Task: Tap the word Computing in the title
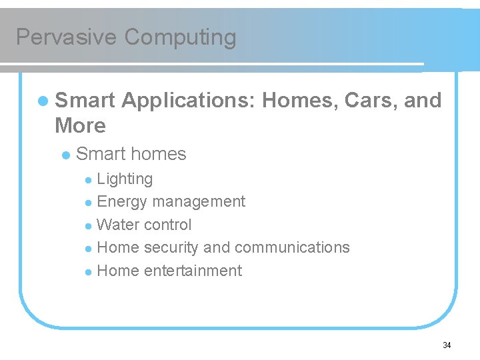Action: click(180, 37)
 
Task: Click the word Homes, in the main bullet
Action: click(299, 101)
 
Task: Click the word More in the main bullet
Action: click(80, 125)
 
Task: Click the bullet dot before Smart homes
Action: click(65, 155)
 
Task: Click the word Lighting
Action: click(125, 179)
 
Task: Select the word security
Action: click(171, 248)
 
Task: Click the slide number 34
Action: click(447, 345)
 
